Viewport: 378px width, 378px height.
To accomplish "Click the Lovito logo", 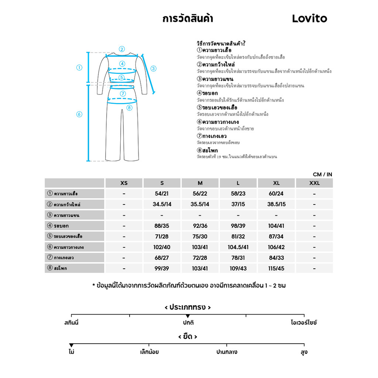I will (x=309, y=18).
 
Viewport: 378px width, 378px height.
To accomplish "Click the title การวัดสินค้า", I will (x=188, y=18).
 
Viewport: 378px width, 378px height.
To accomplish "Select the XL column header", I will (x=276, y=183).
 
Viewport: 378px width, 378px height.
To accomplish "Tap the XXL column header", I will (x=314, y=183).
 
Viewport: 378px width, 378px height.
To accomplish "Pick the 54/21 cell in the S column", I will (x=162, y=194).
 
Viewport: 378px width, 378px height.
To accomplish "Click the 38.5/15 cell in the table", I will (x=276, y=205).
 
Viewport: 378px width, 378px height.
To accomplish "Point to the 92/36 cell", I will (x=200, y=226).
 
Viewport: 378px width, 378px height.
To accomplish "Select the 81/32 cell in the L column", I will (x=238, y=237).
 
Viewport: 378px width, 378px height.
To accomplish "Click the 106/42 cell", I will (x=276, y=247).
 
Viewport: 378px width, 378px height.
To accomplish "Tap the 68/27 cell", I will (x=162, y=258).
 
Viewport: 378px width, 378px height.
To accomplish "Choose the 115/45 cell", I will (x=276, y=268).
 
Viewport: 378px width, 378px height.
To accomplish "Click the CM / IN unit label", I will (x=322, y=174).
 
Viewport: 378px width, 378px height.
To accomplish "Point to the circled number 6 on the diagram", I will (x=79, y=114).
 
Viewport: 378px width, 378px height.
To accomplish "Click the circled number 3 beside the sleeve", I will (x=154, y=68).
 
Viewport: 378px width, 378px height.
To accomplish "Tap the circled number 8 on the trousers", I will (x=129, y=108).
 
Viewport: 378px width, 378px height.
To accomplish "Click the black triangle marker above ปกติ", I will (x=188, y=316).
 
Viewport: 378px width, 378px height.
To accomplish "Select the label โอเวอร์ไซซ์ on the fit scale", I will (x=304, y=323).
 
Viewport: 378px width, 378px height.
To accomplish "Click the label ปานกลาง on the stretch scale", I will (x=227, y=352).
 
